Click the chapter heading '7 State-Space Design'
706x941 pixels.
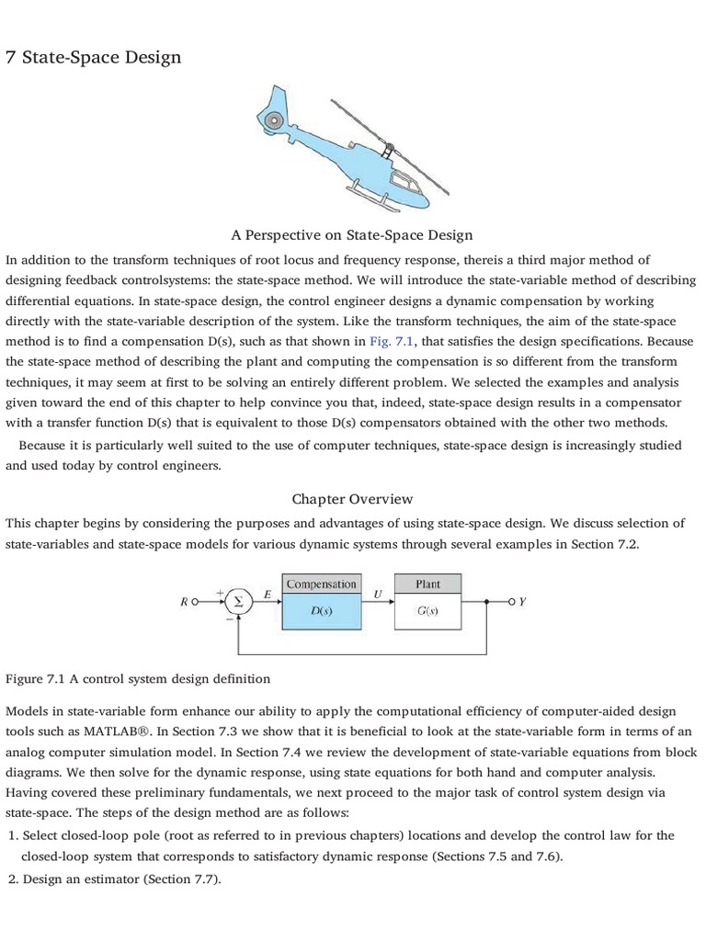(x=94, y=58)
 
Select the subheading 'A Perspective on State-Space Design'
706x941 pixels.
(x=352, y=235)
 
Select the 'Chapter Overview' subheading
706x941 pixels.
(x=352, y=499)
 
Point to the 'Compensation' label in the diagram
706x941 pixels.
(x=321, y=584)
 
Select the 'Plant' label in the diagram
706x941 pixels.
(x=427, y=584)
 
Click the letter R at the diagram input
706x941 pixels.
(x=186, y=603)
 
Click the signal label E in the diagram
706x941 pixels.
(x=267, y=594)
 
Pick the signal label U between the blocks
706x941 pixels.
(x=377, y=594)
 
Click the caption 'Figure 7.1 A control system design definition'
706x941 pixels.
(x=138, y=679)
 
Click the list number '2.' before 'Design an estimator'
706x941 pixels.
(x=13, y=879)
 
